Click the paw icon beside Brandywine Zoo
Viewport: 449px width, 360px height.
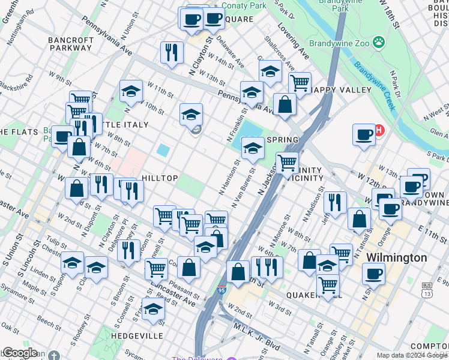click(379, 43)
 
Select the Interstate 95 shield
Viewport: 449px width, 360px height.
click(222, 291)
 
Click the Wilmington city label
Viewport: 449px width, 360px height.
click(396, 257)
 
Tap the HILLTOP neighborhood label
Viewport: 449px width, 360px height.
click(159, 178)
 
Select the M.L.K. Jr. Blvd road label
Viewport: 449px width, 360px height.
click(255, 337)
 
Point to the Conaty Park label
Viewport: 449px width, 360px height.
click(244, 5)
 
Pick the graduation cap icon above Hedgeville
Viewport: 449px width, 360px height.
click(153, 309)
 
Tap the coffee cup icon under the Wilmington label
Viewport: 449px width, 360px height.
click(373, 274)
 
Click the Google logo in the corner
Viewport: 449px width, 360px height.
click(20, 353)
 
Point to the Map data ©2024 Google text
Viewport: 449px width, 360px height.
click(412, 355)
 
